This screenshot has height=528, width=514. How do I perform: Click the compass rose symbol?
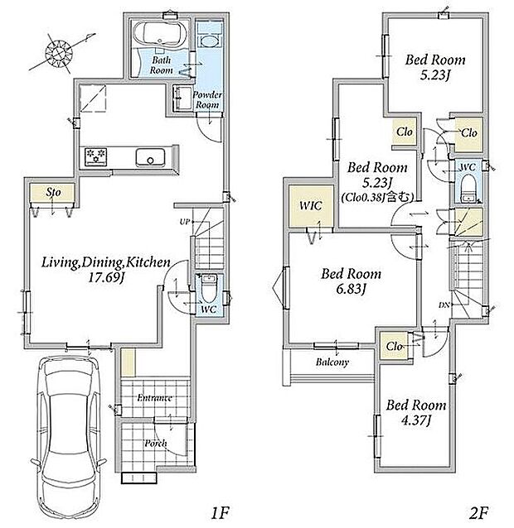(x=60, y=52)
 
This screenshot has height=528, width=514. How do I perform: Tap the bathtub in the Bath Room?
(x=160, y=34)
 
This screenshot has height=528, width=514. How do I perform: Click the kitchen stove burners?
(x=96, y=156)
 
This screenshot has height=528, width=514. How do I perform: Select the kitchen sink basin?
(x=150, y=157)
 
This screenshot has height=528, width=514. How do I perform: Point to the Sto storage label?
(x=53, y=192)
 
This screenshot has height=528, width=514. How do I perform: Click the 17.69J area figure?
(x=105, y=278)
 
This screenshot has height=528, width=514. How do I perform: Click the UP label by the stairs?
(x=185, y=222)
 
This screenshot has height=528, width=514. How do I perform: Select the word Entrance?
(x=155, y=398)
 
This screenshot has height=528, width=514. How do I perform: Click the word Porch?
(x=156, y=443)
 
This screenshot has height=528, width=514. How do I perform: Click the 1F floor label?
(x=221, y=513)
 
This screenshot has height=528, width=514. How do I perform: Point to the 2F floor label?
(x=478, y=512)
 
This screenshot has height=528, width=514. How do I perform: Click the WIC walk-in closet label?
(x=310, y=205)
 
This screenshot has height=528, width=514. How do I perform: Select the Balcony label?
(x=332, y=362)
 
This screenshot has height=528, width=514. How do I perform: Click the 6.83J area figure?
(x=352, y=289)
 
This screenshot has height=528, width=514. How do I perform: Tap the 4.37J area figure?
(x=416, y=420)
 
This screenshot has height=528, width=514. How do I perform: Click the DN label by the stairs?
(x=444, y=305)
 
